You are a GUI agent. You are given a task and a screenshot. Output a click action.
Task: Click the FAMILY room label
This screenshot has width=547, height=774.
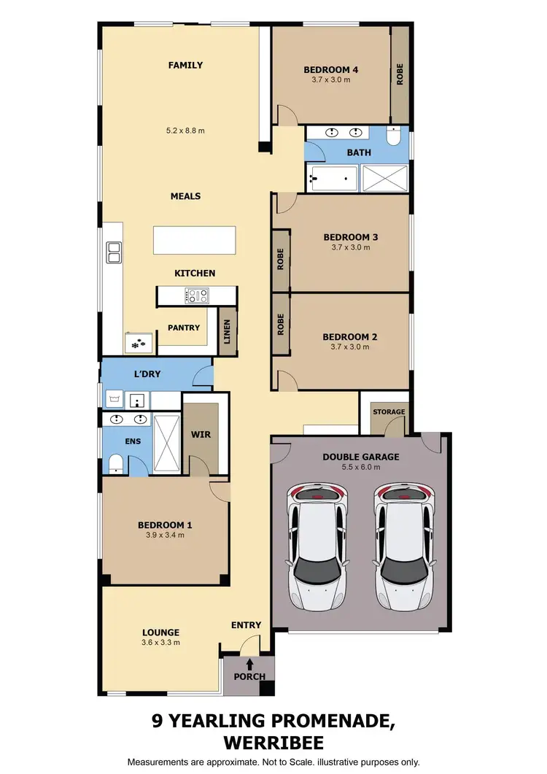pos(185,65)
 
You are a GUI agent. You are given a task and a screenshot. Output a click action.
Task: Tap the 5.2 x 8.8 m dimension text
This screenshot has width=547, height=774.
pos(185,131)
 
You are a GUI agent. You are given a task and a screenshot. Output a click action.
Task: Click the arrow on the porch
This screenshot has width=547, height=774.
pos(250,664)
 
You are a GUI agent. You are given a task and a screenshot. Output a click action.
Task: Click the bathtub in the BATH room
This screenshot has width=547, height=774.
pos(333,178)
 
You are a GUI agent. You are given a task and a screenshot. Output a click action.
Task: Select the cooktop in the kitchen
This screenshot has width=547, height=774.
pos(197,295)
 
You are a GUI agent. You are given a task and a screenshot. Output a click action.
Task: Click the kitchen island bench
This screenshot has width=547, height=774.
pos(195,240)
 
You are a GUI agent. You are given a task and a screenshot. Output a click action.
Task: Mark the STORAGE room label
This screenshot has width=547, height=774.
pos(389,412)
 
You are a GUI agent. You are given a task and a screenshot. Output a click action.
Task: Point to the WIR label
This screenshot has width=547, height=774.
pos(201,435)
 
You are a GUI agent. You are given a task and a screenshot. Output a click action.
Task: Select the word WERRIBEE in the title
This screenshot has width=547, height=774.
pos(273,743)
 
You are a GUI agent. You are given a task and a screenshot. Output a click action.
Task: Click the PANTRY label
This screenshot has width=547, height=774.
pos(184,328)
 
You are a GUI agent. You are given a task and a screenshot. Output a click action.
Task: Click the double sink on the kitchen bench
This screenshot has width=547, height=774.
pos(114,252)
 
